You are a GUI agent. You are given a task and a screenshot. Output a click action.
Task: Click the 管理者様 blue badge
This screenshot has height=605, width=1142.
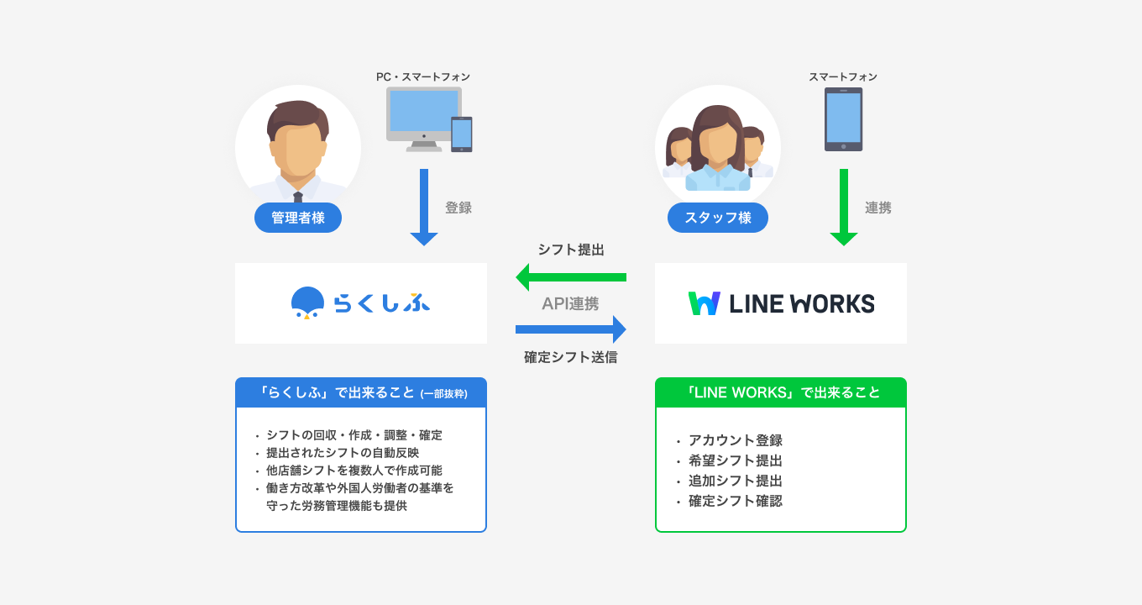(298, 218)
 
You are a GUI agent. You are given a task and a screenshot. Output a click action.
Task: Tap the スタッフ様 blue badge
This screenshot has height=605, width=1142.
(718, 218)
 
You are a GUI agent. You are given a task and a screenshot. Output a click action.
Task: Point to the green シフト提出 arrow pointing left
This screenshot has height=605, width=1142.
(571, 276)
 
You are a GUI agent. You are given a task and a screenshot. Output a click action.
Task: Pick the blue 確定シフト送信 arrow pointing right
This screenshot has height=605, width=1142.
(571, 329)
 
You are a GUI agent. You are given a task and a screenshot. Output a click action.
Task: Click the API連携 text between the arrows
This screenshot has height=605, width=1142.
(571, 303)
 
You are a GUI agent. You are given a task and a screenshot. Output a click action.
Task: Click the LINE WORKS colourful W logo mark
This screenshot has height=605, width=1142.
(705, 303)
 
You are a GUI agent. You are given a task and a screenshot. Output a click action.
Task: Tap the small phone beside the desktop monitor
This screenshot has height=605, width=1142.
(462, 134)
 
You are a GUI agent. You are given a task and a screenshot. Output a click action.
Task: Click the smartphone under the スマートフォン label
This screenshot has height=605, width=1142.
(843, 118)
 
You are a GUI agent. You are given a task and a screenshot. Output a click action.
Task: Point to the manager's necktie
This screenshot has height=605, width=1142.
(298, 197)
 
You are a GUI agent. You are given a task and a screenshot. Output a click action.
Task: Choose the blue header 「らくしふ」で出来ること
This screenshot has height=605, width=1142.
(361, 392)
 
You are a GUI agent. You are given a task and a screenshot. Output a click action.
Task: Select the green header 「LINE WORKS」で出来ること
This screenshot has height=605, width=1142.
(781, 392)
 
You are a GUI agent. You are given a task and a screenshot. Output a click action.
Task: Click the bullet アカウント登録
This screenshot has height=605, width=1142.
(736, 440)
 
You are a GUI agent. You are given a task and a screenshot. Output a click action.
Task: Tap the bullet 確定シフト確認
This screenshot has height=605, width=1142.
(736, 502)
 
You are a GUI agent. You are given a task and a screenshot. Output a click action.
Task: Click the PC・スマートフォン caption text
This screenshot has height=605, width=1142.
(423, 76)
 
